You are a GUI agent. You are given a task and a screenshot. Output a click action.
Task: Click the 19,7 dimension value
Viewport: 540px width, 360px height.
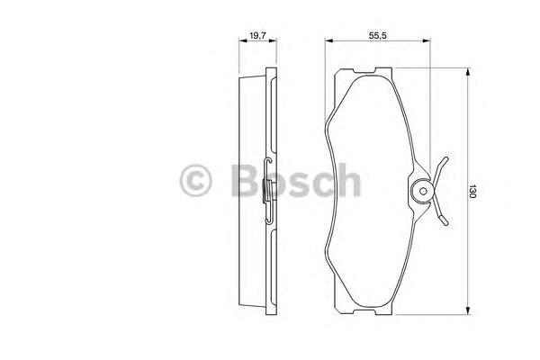[x=257, y=35]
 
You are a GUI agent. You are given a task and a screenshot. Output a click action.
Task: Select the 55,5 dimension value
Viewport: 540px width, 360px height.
[x=378, y=35]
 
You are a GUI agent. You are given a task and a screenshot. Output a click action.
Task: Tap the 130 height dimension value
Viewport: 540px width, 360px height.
[x=472, y=191]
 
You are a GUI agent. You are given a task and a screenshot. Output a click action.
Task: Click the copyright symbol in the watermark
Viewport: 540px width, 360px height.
[x=195, y=180]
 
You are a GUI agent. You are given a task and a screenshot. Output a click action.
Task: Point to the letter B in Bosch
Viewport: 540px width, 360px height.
[x=245, y=180]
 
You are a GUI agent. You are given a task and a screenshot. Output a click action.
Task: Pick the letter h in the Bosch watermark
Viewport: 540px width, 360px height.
[x=348, y=179]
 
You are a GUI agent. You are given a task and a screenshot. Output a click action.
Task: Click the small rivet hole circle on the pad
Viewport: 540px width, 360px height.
[x=423, y=191]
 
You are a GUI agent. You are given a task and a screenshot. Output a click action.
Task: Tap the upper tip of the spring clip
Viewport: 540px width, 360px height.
[x=446, y=158]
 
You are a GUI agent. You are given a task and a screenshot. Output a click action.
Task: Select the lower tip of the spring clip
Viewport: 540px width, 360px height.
[x=445, y=223]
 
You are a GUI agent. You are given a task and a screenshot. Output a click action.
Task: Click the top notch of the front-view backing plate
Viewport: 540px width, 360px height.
[x=364, y=71]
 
